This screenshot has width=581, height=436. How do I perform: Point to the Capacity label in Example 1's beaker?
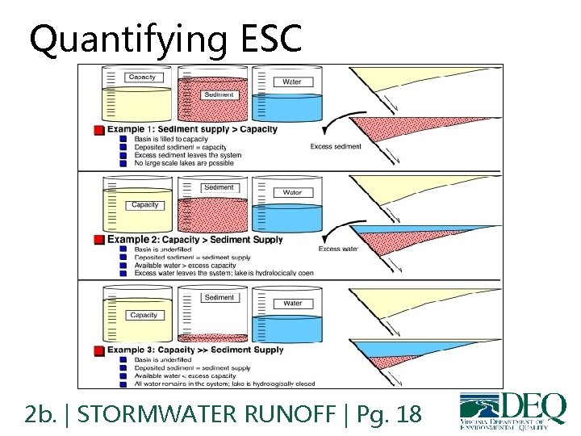tap(142, 78)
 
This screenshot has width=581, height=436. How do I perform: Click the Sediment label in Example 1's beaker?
tap(219, 94)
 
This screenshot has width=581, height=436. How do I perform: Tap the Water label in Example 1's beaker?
tap(292, 82)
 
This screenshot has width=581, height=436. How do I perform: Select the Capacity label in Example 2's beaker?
tap(144, 205)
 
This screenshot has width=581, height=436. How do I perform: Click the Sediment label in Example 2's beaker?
tap(219, 187)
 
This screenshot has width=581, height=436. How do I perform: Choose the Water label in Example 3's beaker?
tap(292, 304)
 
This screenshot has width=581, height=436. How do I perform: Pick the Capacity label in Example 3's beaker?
tap(144, 315)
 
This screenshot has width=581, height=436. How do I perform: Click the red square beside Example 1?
tap(98, 130)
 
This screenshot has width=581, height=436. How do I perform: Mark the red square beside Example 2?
tap(98, 240)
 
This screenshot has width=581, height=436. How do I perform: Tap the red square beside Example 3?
tap(98, 350)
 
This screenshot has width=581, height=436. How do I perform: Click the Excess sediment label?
tap(336, 146)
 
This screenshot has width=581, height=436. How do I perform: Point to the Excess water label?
tap(338, 249)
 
